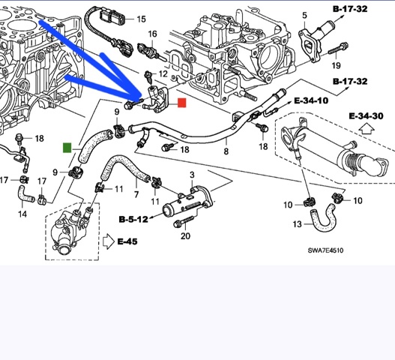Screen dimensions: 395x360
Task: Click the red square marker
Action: [182, 103]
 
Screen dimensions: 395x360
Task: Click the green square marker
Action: [67, 148]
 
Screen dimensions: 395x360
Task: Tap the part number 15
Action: [142, 19]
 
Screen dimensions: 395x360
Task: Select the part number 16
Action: [153, 34]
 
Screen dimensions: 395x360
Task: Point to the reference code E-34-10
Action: [311, 100]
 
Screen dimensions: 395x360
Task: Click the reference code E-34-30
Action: [367, 116]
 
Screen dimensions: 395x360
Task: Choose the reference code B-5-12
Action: [133, 219]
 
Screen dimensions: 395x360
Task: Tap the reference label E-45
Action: [127, 241]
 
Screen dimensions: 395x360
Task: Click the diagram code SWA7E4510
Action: [325, 250]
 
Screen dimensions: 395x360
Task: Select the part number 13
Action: [298, 223]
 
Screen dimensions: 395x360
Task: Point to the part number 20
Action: [185, 236]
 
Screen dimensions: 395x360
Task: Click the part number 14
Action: [22, 214]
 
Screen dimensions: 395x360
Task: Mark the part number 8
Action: [226, 151]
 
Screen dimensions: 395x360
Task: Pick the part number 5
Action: [304, 16]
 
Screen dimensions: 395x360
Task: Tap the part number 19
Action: [336, 65]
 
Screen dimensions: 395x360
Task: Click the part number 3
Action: [192, 175]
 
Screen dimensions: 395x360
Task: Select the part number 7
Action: [136, 194]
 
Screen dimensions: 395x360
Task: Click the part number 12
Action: [163, 73]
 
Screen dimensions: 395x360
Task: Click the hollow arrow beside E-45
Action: [109, 241]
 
